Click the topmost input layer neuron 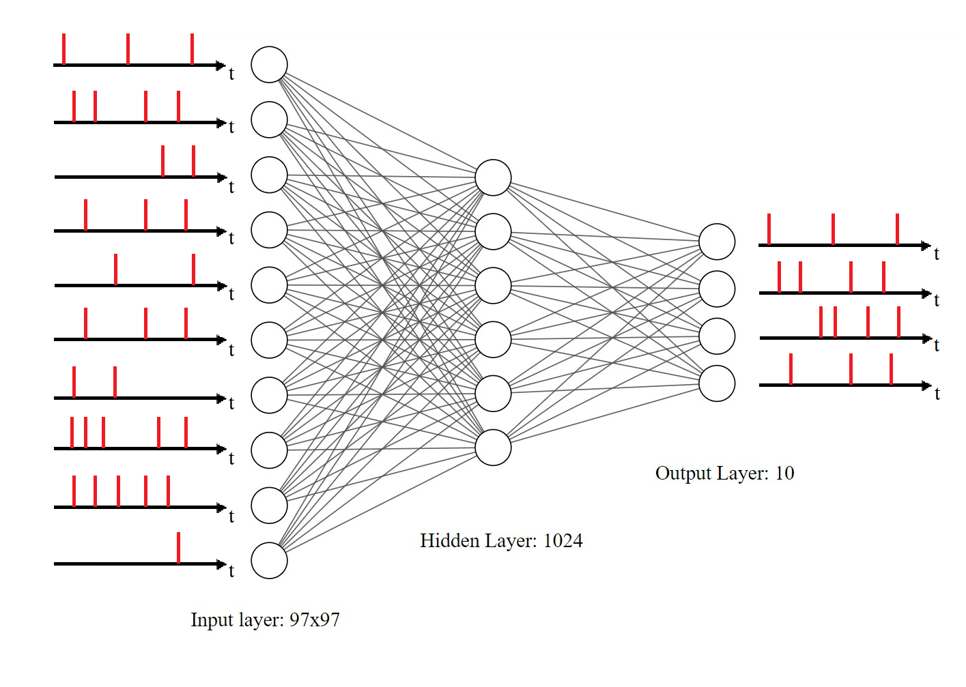tap(269, 65)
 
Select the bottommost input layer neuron tap(269, 561)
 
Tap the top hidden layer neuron tap(493, 177)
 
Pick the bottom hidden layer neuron tap(493, 448)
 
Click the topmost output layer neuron tap(717, 242)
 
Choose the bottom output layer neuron tap(717, 383)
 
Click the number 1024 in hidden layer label tap(563, 541)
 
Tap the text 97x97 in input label tap(314, 620)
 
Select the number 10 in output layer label tap(784, 473)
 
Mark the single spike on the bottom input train tap(178, 547)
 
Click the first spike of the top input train tap(63, 48)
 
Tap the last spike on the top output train tap(897, 229)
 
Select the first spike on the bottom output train tap(791, 368)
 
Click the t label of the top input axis tap(231, 74)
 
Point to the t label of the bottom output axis tap(937, 394)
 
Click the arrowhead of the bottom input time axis tap(221, 564)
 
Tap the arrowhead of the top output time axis tap(926, 245)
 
